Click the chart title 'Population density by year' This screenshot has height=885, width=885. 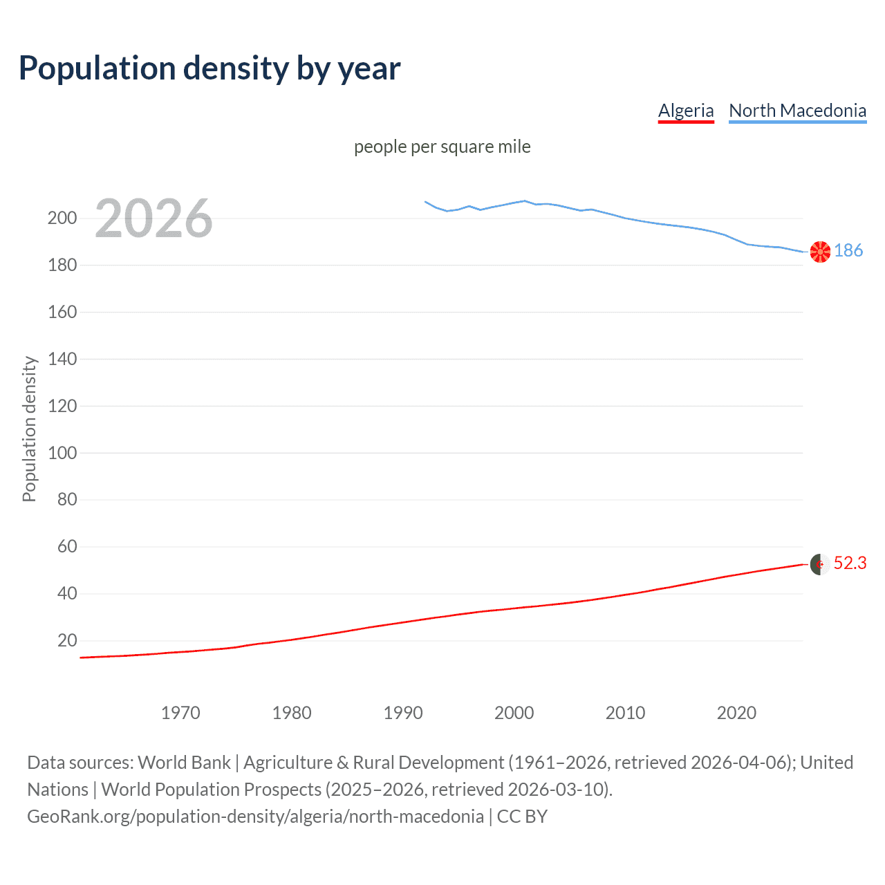[209, 68]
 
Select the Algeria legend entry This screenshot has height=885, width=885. [685, 111]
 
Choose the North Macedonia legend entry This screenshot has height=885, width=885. [797, 111]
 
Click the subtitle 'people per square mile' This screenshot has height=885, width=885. [442, 147]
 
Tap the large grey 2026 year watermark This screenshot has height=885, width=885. [153, 218]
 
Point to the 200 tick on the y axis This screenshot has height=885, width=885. [62, 218]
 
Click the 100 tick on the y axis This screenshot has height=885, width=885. [62, 453]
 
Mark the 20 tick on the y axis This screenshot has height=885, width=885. [67, 640]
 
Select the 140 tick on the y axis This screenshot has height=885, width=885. [62, 359]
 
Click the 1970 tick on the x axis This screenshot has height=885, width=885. [180, 713]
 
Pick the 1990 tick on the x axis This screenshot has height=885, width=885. [403, 713]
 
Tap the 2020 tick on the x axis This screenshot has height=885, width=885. [736, 713]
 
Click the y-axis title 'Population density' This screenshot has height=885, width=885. [29, 429]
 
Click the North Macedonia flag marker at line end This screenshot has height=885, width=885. [820, 252]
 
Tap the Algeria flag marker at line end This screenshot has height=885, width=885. [820, 564]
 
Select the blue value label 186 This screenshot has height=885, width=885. [848, 250]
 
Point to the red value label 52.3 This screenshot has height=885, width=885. [850, 563]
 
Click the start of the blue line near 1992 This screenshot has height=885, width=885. [425, 202]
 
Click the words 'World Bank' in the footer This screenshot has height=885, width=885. [184, 763]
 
